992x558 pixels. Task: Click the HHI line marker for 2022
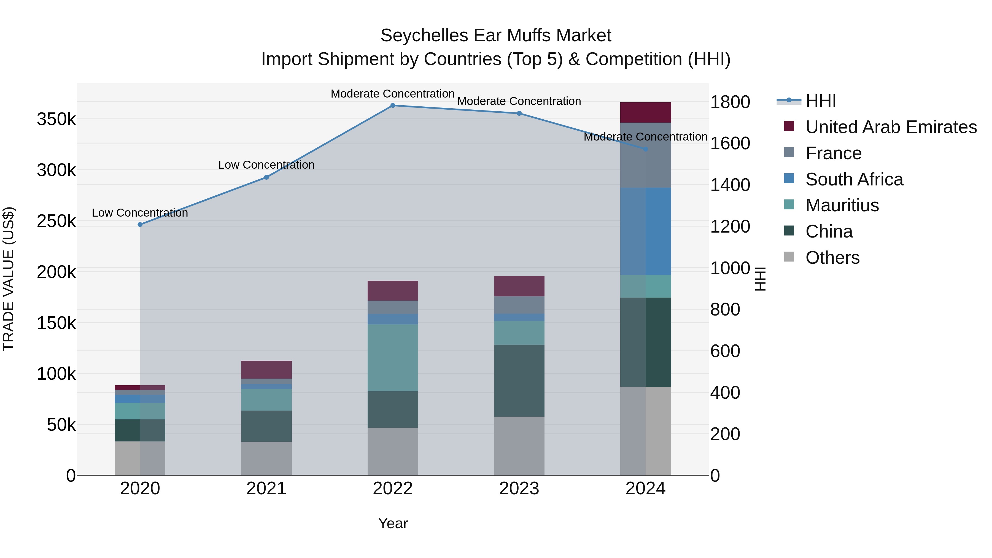pyautogui.click(x=393, y=106)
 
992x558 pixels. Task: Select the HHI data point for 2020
pyautogui.click(x=140, y=225)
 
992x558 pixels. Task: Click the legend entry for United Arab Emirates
pyautogui.click(x=891, y=127)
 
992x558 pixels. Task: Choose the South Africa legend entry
pyautogui.click(x=854, y=179)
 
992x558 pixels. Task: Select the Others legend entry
pyautogui.click(x=832, y=258)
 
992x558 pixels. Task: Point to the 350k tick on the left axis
pyautogui.click(x=56, y=119)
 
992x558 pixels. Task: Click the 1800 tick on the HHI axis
pyautogui.click(x=730, y=102)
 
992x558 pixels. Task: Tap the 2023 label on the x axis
pyautogui.click(x=519, y=489)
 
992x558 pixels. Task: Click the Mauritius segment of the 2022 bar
pyautogui.click(x=393, y=357)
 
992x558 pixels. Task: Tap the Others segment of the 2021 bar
pyautogui.click(x=266, y=458)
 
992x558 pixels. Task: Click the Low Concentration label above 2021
pyautogui.click(x=266, y=165)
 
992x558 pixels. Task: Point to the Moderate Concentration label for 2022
pyautogui.click(x=393, y=94)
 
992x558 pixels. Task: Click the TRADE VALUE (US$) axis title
pyautogui.click(x=9, y=279)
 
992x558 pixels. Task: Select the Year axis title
pyautogui.click(x=393, y=523)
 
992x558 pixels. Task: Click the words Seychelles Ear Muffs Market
pyautogui.click(x=496, y=36)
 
